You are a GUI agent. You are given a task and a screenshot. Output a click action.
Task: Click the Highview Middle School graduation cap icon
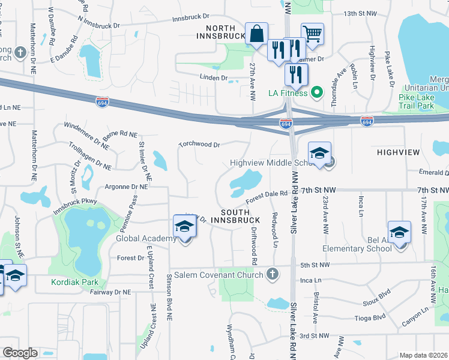point(320,153)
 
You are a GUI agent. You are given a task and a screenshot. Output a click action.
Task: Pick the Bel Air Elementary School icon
point(399,232)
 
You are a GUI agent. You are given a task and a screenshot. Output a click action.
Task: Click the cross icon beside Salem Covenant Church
point(273,275)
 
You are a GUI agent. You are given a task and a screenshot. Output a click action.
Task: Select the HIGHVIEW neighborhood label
point(397,152)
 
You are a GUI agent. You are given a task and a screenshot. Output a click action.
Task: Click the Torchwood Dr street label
point(200,145)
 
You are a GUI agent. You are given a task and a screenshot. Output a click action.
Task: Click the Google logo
point(20,353)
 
